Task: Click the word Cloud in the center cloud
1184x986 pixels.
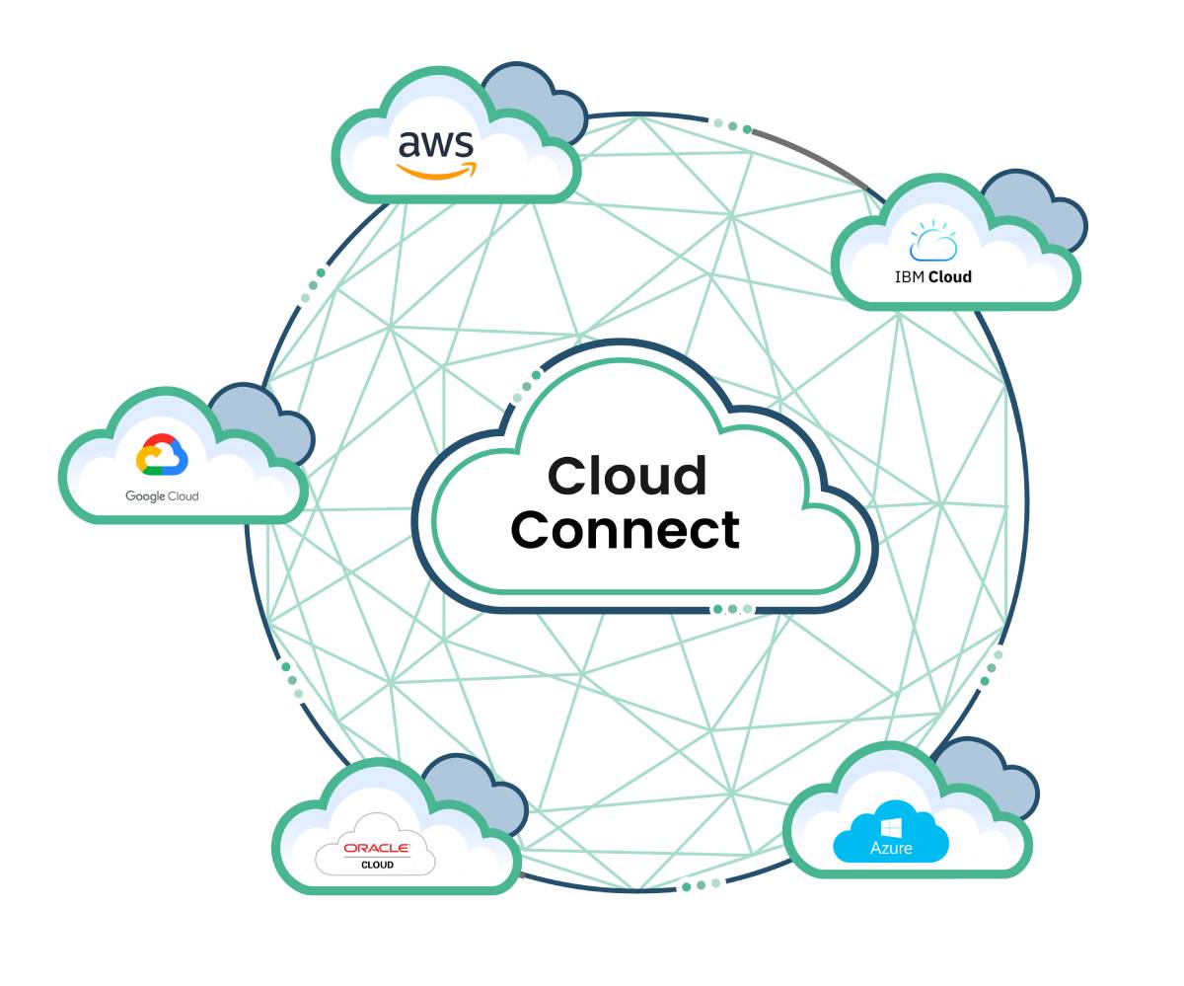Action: click(x=627, y=476)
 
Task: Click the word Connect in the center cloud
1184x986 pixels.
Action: click(x=625, y=530)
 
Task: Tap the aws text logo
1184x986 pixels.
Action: click(x=435, y=144)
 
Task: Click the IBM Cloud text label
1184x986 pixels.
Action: click(x=932, y=277)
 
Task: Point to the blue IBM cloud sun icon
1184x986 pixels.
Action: click(x=933, y=243)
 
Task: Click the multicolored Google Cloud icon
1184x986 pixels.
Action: click(x=162, y=455)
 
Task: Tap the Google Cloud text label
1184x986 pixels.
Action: click(x=162, y=496)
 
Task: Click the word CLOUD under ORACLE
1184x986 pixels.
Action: click(x=377, y=865)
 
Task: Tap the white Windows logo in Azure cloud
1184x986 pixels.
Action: click(x=891, y=825)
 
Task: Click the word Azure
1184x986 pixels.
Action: click(x=891, y=848)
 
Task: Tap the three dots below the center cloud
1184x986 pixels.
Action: click(x=732, y=609)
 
